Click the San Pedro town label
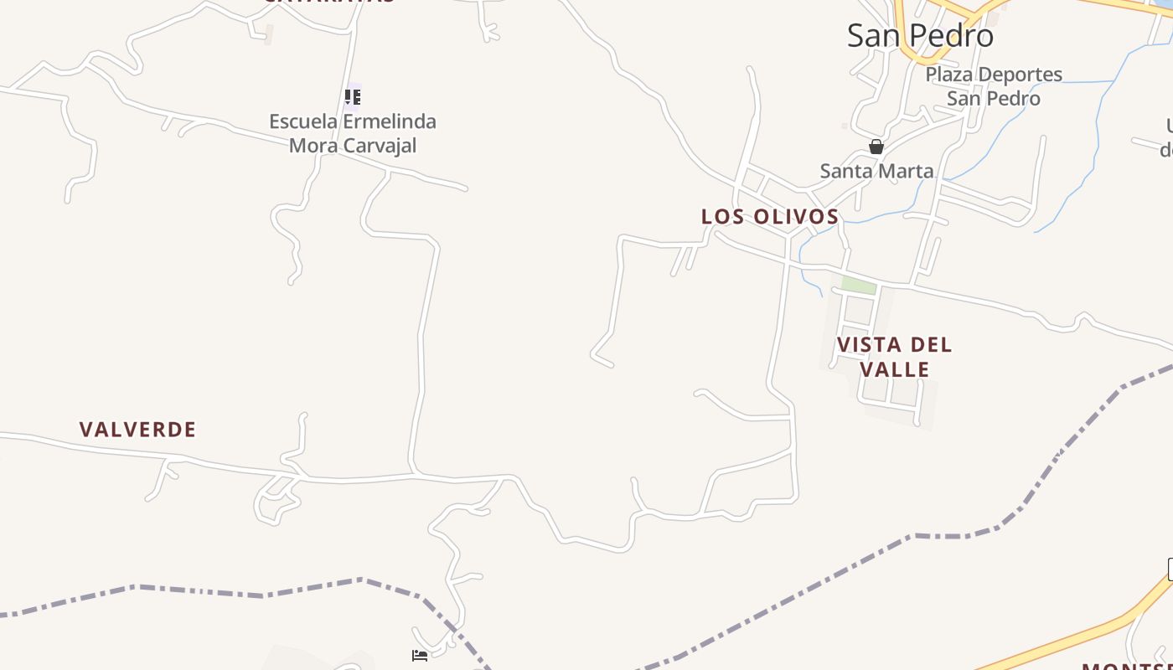[x=920, y=36]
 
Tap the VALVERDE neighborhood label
[x=137, y=430]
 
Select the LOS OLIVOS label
[x=770, y=216]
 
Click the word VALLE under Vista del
[x=895, y=369]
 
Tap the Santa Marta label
[x=876, y=171]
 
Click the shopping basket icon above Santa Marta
[x=876, y=147]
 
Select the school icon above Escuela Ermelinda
[x=353, y=97]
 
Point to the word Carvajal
[x=377, y=146]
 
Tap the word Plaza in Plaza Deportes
[x=949, y=75]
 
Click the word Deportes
[x=1021, y=75]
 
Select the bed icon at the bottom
[x=420, y=655]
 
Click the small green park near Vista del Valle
[x=858, y=285]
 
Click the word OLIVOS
[x=797, y=216]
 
